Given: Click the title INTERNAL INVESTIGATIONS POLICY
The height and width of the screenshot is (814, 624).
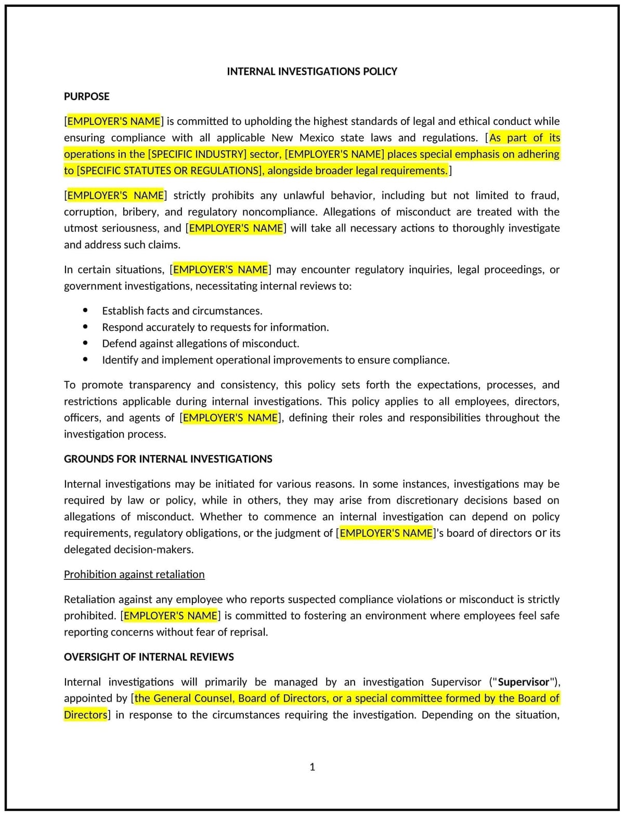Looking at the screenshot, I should (311, 71).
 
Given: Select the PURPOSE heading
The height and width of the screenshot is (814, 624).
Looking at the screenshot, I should (86, 96).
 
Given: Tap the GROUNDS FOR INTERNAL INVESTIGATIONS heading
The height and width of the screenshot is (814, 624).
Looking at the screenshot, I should (168, 459).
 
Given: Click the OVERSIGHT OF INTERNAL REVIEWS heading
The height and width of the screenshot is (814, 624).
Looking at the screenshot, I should (149, 657).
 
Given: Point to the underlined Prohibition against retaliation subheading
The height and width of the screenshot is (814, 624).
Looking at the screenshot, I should (134, 574).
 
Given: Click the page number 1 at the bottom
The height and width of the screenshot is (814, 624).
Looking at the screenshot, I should (312, 767).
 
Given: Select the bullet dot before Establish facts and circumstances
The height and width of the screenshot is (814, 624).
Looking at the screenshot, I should (85, 311).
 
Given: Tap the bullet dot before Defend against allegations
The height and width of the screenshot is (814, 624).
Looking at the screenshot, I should (85, 343).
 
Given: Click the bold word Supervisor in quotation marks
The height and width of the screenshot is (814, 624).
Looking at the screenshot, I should (523, 682).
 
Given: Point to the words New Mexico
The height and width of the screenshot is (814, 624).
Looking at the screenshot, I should (303, 138).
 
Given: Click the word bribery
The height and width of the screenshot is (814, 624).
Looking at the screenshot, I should (140, 212).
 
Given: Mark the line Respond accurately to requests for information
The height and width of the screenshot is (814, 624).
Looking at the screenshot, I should (215, 327).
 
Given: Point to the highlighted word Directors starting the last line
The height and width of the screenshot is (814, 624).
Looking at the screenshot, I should (85, 715).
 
